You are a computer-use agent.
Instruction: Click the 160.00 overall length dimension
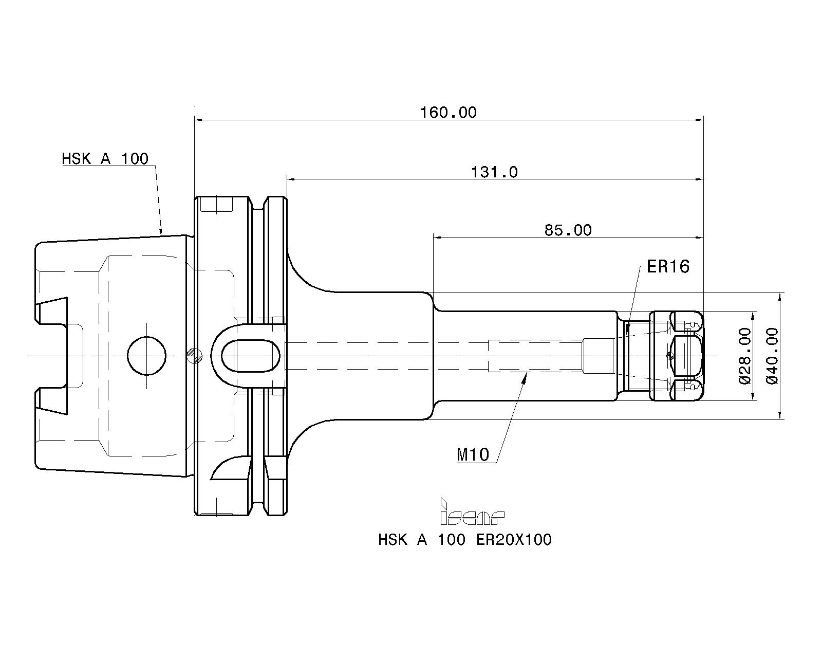tap(449, 112)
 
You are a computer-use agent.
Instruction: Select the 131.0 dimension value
tap(494, 172)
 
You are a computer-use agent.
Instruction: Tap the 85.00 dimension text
tap(568, 230)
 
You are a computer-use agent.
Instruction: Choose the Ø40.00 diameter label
tap(772, 356)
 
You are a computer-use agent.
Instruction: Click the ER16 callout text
tap(667, 267)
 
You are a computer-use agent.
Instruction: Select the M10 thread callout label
tap(473, 454)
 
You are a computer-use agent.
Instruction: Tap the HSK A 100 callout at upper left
tap(105, 159)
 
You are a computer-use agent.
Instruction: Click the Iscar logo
tap(472, 513)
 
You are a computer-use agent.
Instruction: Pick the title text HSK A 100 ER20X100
tap(464, 540)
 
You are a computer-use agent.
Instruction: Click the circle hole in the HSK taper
tap(147, 356)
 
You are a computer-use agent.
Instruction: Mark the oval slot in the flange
tap(251, 356)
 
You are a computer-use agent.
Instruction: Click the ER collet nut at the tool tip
tap(676, 356)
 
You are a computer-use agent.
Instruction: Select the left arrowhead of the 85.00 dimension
tap(437, 237)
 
